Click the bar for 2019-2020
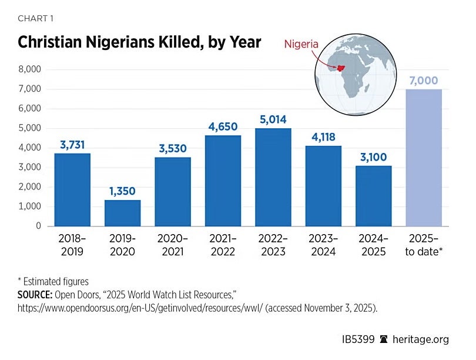122,212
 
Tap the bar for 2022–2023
273,176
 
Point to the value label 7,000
424,81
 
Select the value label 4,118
323,137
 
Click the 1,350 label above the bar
122,191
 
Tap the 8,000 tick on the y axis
29,69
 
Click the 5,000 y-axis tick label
29,128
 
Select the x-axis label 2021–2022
223,245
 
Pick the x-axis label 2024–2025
373,245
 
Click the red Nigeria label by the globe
302,44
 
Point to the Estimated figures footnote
56,281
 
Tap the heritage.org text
424,339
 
